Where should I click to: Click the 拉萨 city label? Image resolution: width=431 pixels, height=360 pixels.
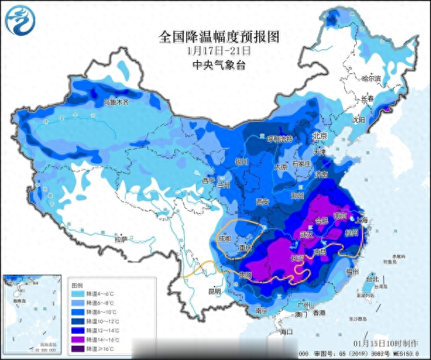(x=106, y=239)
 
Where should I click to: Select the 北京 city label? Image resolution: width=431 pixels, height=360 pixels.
(x=321, y=136)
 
